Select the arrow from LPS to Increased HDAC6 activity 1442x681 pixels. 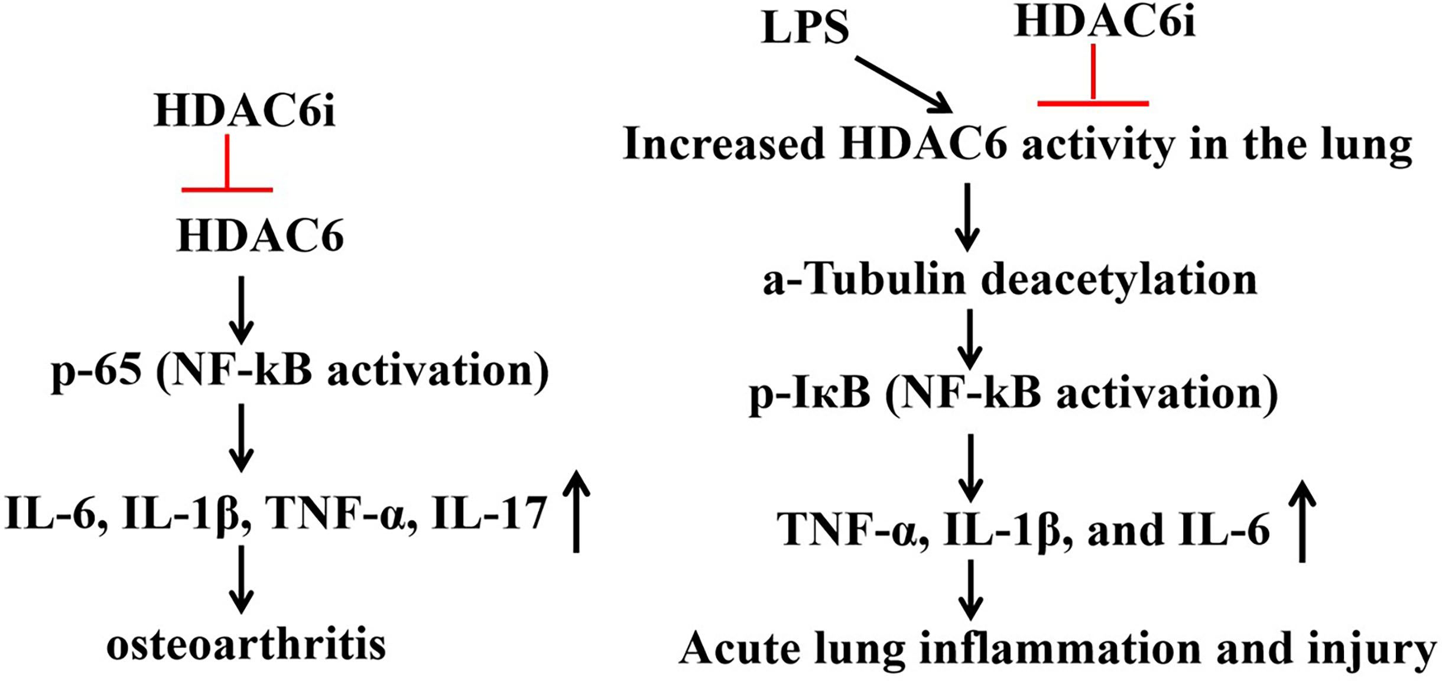pyautogui.click(x=903, y=84)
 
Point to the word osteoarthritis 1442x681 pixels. pyautogui.click(x=246, y=646)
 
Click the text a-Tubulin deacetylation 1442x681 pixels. pyautogui.click(x=1009, y=280)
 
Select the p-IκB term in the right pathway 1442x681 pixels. pyautogui.click(x=810, y=394)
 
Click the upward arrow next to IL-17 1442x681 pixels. pyautogui.click(x=576, y=511)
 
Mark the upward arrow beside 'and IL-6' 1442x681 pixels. pyautogui.click(x=1302, y=520)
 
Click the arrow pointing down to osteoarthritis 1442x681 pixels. pyautogui.click(x=241, y=579)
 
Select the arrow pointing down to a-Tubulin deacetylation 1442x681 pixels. pyautogui.click(x=967, y=217)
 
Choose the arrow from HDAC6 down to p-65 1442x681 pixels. pyautogui.click(x=241, y=309)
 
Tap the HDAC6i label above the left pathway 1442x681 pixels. pyautogui.click(x=245, y=111)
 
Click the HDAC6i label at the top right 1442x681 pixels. pyautogui.click(x=1105, y=22)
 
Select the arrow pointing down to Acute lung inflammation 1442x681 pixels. pyautogui.click(x=971, y=589)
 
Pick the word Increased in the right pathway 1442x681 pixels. pyautogui.click(x=723, y=144)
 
